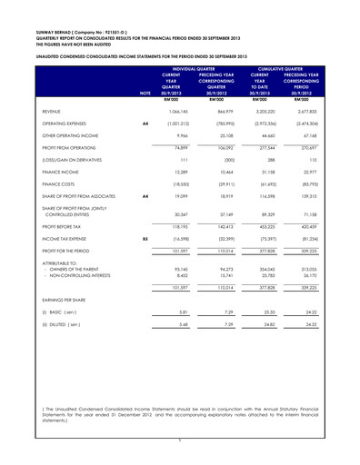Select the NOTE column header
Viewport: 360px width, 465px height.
(145, 93)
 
